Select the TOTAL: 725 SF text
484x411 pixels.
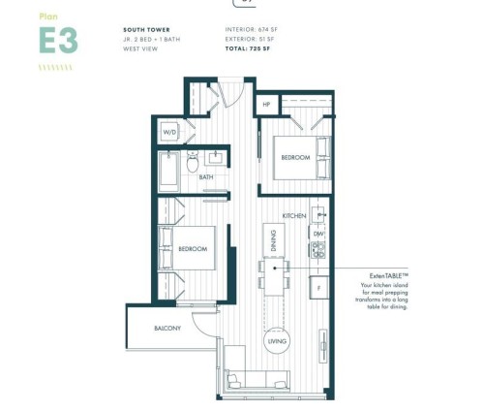click(x=249, y=48)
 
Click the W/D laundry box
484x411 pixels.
click(x=168, y=132)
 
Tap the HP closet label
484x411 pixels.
click(x=265, y=104)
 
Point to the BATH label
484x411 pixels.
click(x=206, y=177)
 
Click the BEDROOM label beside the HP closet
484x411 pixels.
click(x=294, y=156)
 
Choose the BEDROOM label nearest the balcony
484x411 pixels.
click(x=193, y=249)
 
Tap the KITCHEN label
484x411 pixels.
click(x=294, y=215)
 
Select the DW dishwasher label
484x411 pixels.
click(x=317, y=235)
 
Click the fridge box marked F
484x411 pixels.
click(x=317, y=288)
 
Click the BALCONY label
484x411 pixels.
click(x=167, y=329)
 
